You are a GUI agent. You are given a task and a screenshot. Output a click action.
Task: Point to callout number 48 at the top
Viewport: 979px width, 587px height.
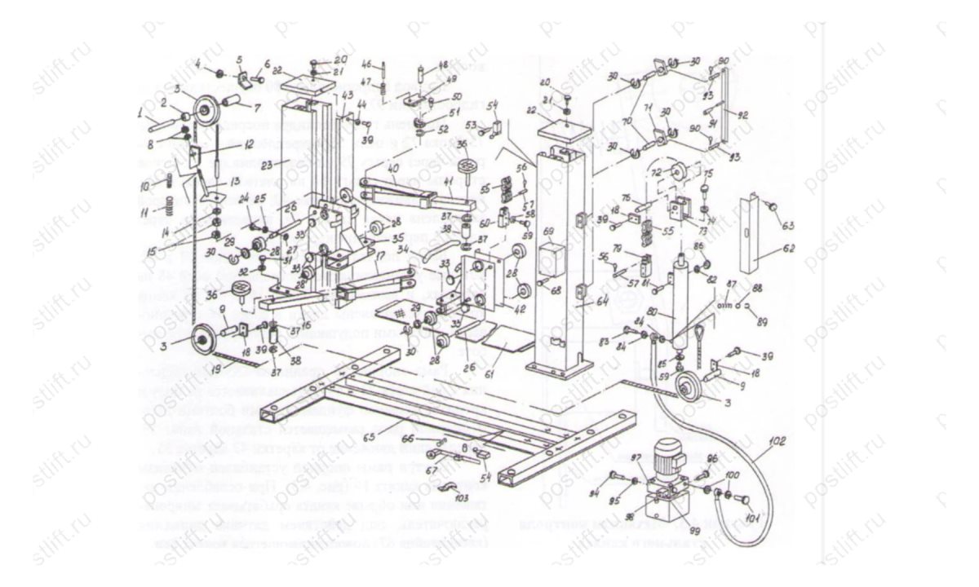click(x=444, y=64)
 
